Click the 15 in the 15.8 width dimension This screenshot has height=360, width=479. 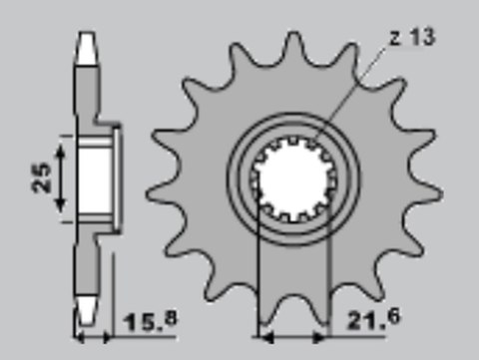click(x=140, y=323)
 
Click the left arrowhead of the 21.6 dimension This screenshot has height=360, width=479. click(x=263, y=332)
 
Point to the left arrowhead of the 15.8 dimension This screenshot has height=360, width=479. click(x=80, y=332)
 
